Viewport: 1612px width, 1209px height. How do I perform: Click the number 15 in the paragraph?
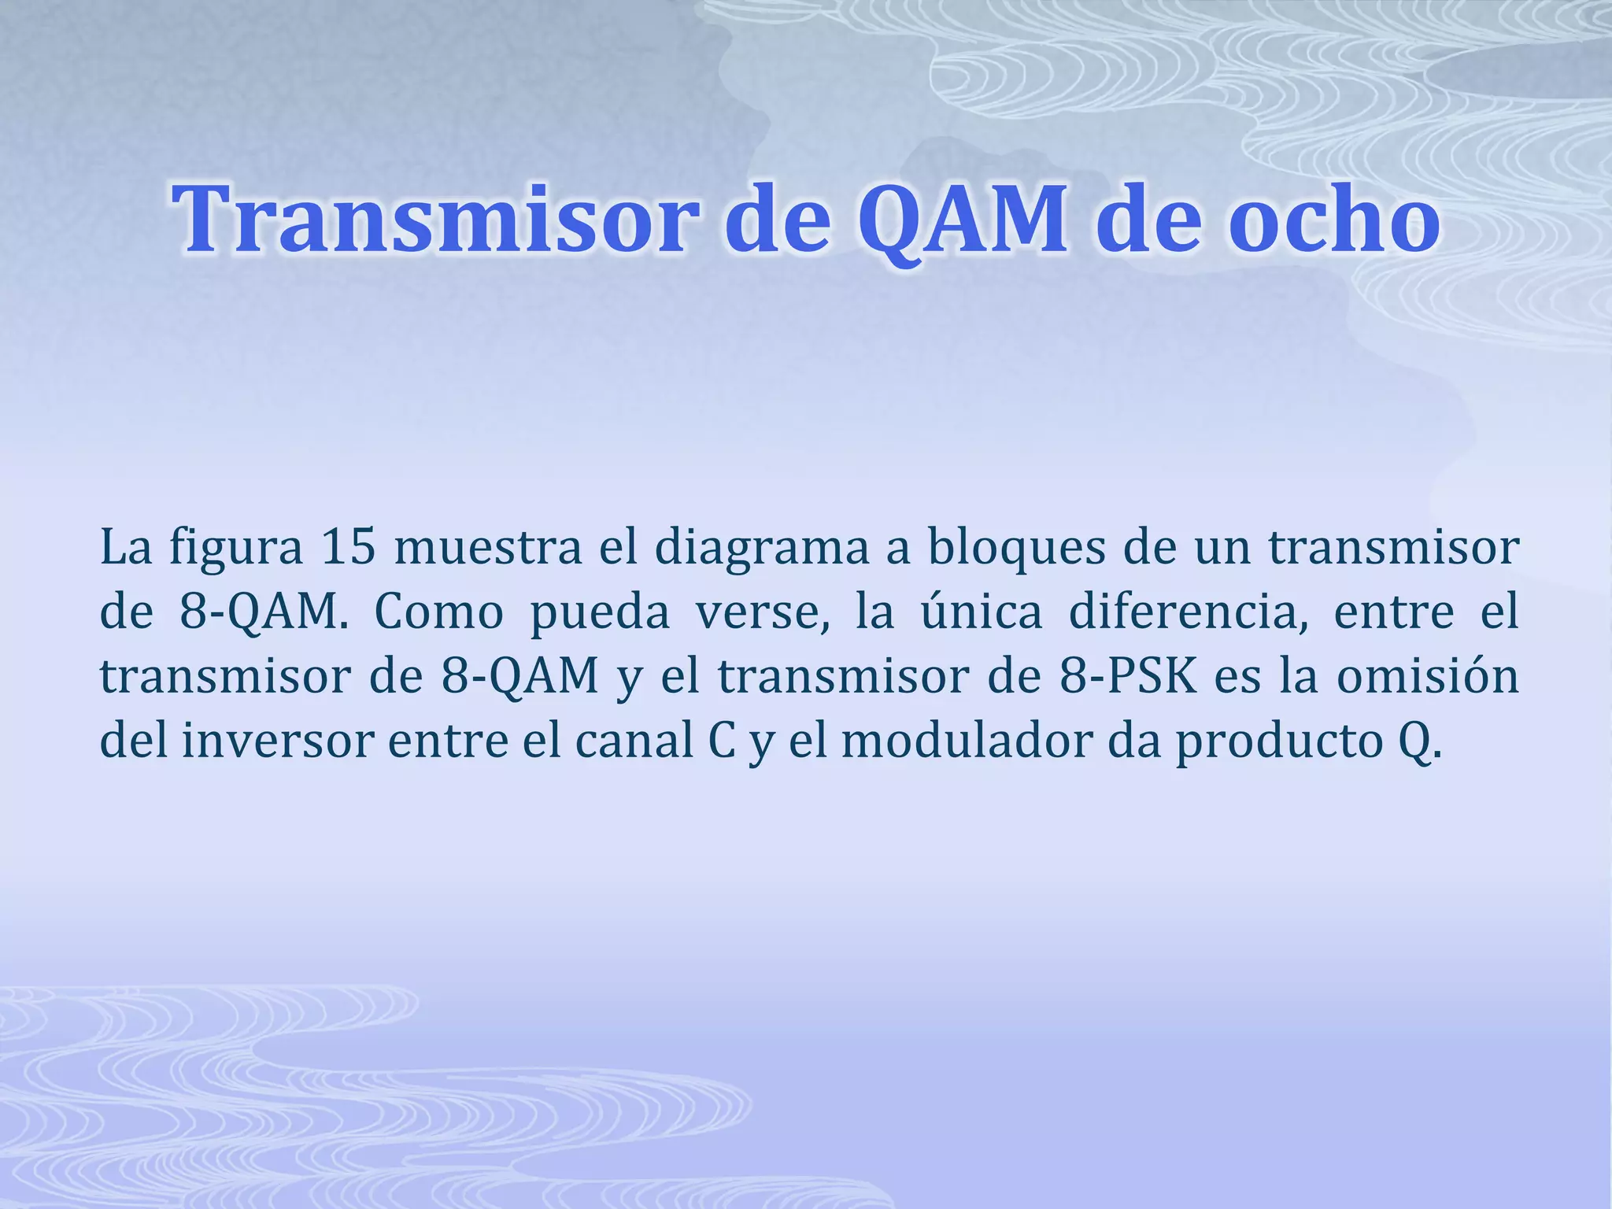click(x=349, y=547)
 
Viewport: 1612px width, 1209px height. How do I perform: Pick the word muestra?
click(x=489, y=547)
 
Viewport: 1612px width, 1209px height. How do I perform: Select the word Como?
click(x=438, y=612)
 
